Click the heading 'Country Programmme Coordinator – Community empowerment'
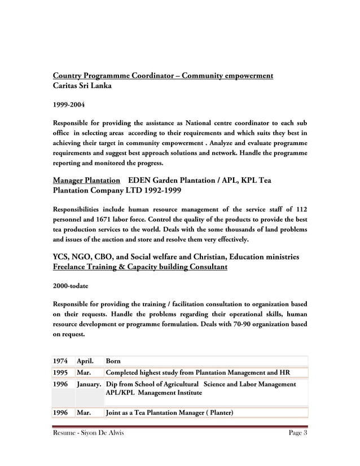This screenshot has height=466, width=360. click(163, 76)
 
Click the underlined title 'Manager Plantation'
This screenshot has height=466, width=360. click(86, 181)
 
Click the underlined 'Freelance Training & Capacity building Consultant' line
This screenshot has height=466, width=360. click(140, 267)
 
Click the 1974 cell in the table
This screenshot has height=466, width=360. click(61, 361)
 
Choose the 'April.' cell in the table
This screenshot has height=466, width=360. click(85, 361)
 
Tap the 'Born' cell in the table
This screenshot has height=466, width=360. click(113, 361)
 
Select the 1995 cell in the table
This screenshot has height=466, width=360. click(61, 372)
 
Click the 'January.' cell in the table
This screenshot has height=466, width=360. click(89, 384)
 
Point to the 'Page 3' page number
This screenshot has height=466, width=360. click(297, 433)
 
